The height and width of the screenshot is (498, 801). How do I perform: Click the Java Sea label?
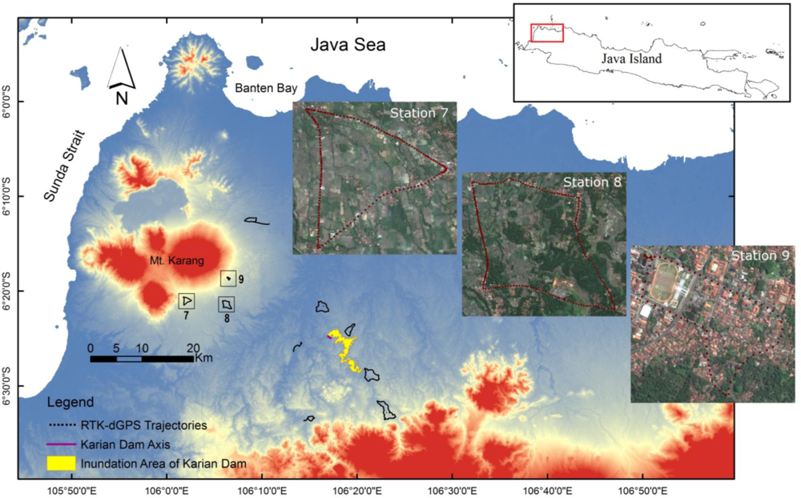pos(348,46)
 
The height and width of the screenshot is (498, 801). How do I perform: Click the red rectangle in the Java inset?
pos(547,31)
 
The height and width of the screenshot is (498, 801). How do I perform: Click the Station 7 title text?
pos(418,112)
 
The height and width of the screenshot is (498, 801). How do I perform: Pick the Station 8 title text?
pos(593,182)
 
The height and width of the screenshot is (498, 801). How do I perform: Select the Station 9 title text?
pos(760,256)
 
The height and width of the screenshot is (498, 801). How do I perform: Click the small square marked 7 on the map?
pos(186,301)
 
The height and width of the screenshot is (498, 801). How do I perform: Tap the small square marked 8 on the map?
pos(227,305)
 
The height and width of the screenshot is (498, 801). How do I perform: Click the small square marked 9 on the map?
pos(229,279)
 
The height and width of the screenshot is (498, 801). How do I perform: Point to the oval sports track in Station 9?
pos(666,283)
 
